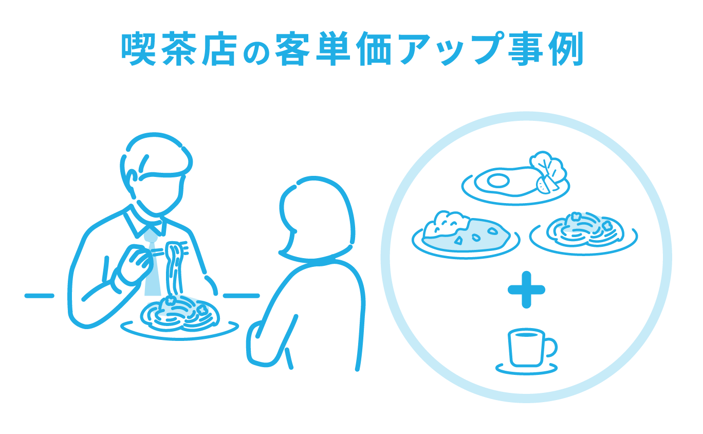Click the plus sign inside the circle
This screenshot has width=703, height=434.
(x=526, y=290)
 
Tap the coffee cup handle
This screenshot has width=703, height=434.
(x=550, y=347)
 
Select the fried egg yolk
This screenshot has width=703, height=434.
(x=497, y=180)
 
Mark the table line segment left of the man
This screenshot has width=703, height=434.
(x=40, y=295)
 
